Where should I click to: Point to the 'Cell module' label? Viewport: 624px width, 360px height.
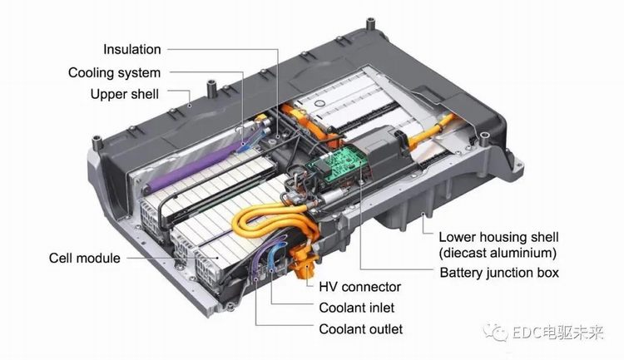pos(84,259)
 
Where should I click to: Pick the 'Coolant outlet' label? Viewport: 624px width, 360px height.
pos(361,329)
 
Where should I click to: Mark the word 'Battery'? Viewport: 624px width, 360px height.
pos(462,272)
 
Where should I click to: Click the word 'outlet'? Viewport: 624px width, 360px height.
pos(384,329)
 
